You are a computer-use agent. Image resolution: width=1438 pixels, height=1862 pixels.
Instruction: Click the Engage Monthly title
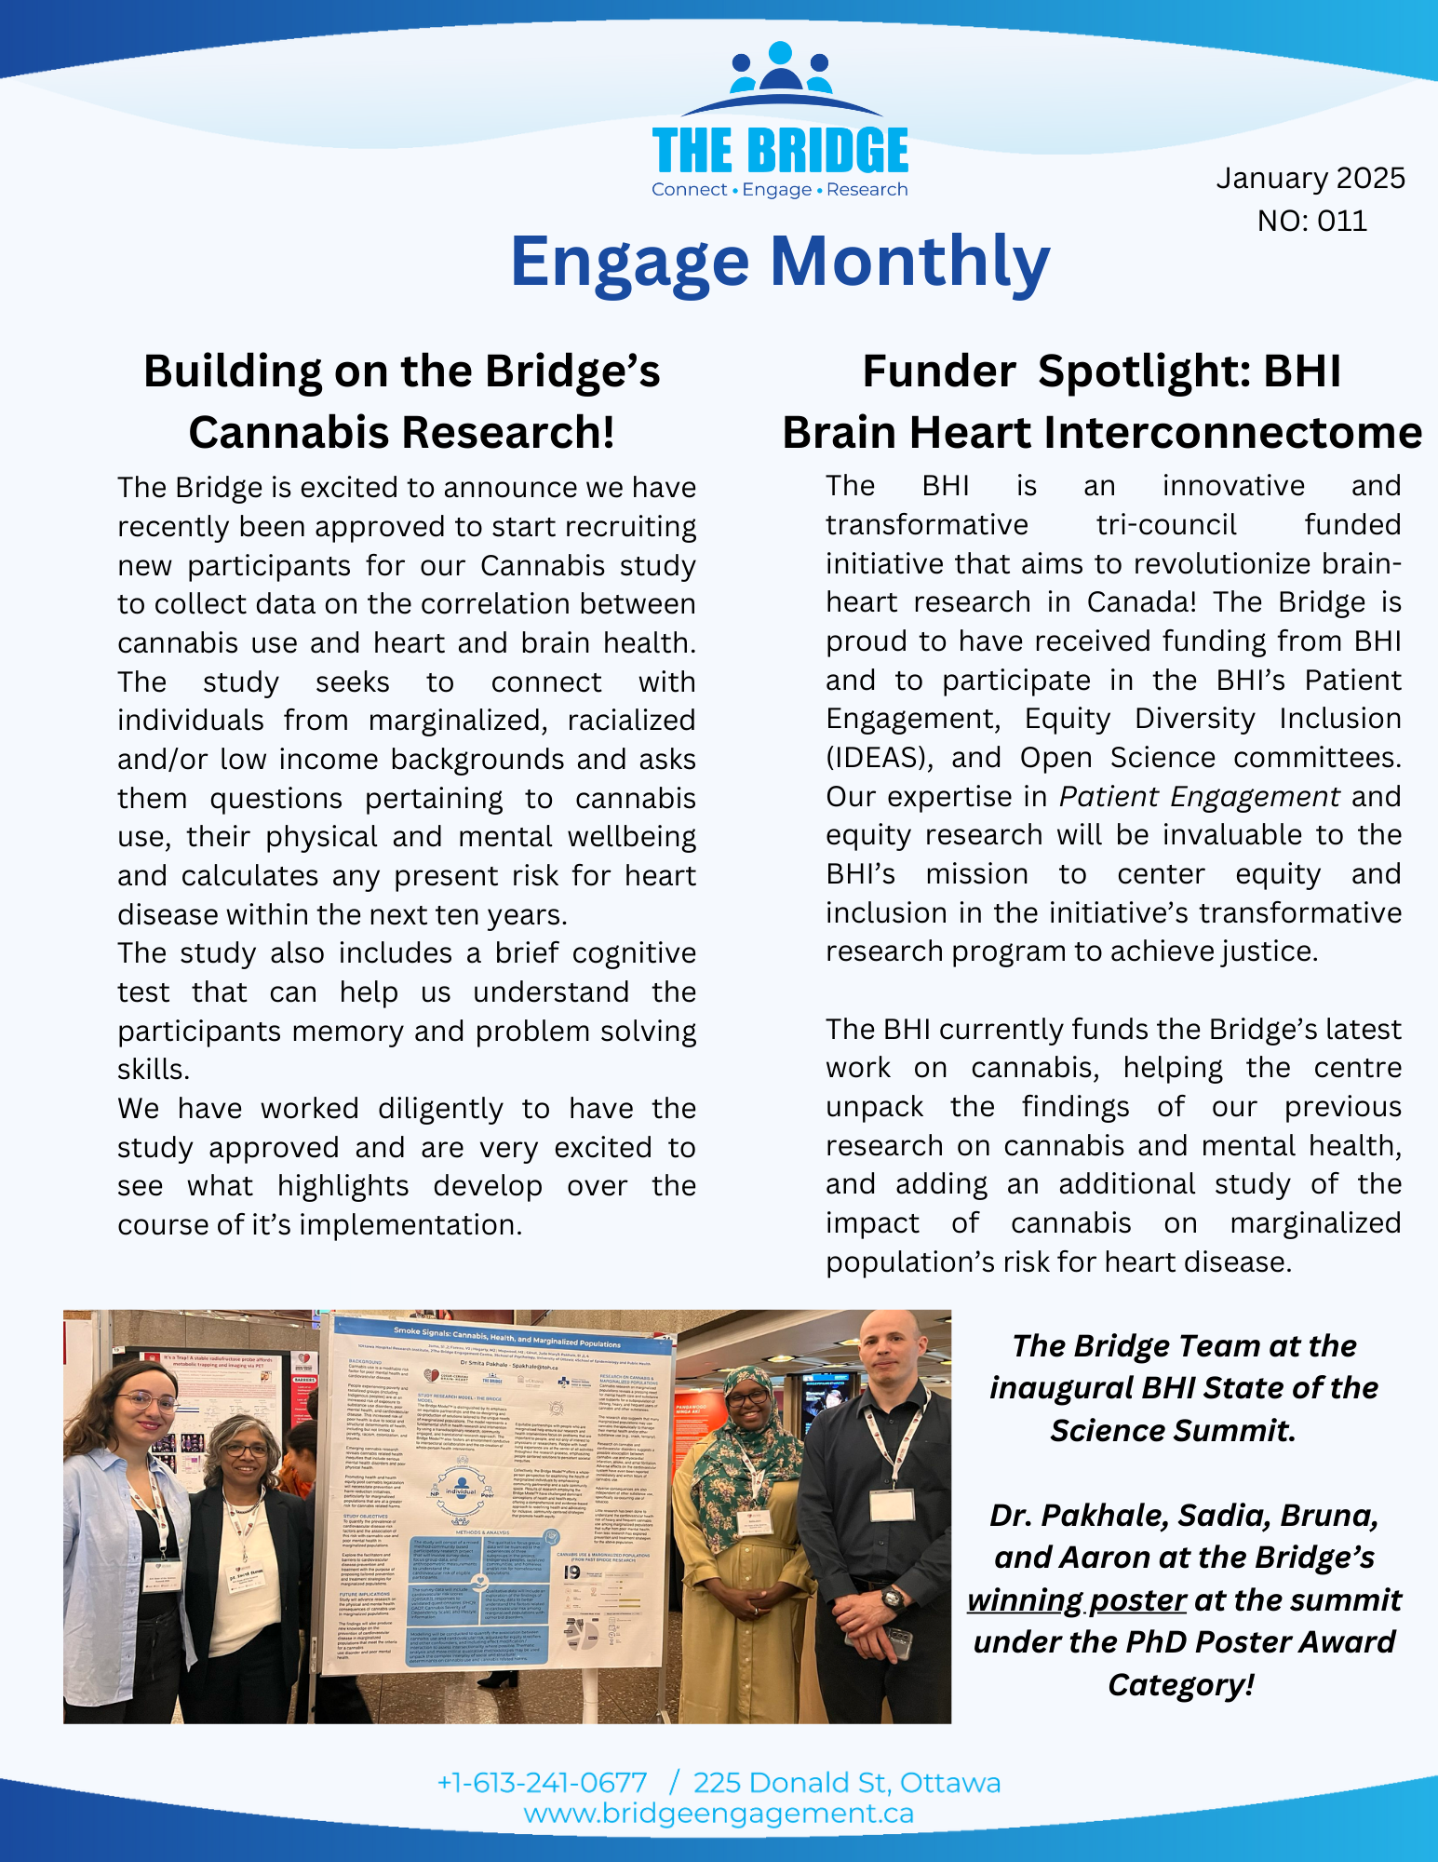tap(780, 262)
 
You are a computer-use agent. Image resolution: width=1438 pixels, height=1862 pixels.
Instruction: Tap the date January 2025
tap(1310, 178)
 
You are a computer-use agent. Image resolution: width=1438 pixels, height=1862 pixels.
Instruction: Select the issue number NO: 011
tap(1311, 221)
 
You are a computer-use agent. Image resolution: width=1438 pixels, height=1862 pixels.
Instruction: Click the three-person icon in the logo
tap(780, 69)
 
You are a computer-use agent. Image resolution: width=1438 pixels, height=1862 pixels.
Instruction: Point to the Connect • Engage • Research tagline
tap(779, 190)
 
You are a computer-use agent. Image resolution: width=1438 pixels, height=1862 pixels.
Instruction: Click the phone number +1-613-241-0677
tap(542, 1782)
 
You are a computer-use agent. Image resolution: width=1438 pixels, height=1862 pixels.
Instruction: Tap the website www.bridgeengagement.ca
tap(719, 1814)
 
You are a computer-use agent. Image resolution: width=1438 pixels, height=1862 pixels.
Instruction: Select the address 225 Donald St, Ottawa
tap(847, 1782)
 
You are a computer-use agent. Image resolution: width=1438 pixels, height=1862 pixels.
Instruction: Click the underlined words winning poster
tap(1076, 1599)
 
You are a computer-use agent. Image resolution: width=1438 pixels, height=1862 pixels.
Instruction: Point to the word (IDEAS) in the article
tap(879, 758)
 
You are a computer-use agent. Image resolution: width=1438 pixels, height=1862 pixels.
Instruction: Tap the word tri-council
tap(1165, 525)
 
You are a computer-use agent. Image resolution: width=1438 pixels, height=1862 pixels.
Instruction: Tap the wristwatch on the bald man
tap(892, 1599)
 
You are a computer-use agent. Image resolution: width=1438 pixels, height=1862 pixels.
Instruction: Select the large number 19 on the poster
tap(571, 1572)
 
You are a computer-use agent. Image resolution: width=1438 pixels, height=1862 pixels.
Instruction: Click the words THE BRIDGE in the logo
tap(780, 152)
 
